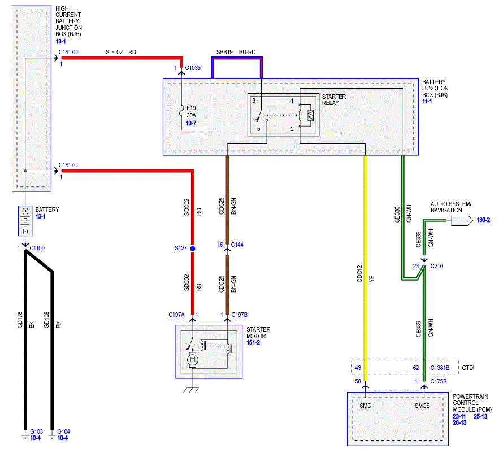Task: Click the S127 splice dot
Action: coord(193,249)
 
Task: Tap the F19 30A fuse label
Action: coord(191,112)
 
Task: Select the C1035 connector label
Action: coord(193,68)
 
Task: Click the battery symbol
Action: coord(25,221)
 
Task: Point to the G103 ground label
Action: coord(36,431)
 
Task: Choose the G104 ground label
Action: coord(63,431)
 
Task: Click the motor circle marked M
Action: coord(192,360)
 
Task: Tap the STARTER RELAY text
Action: coord(334,99)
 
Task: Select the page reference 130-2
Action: coord(483,220)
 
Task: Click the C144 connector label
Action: coord(237,245)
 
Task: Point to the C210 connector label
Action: coord(437,266)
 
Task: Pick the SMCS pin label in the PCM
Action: coord(422,406)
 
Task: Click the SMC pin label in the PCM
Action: coord(365,406)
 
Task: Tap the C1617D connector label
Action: coord(68,52)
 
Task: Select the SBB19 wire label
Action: coord(224,52)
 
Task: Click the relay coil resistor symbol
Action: coord(310,115)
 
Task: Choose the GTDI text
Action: coord(468,368)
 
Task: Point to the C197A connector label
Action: coord(176,315)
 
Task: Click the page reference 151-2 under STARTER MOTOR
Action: coord(253,342)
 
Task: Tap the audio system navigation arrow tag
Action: coord(462,220)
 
